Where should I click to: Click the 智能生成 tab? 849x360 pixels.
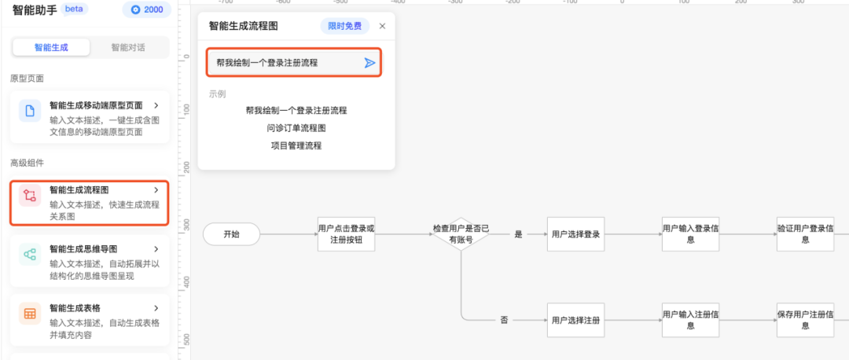51,47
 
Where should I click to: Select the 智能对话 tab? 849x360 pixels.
128,47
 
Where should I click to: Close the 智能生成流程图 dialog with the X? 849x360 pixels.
383,26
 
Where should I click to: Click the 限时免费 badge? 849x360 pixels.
345,26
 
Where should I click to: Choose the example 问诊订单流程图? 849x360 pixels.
296,127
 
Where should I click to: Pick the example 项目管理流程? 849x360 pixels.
296,145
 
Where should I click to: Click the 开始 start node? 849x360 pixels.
231,234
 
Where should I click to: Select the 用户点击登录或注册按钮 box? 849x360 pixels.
346,234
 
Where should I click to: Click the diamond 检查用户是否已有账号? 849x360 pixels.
461,234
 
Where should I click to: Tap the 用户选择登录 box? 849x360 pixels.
575,234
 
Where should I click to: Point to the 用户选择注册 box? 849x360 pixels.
575,321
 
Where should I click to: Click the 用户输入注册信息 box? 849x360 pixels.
690,321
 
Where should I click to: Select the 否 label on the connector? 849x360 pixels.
504,321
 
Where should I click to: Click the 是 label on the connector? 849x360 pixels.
518,234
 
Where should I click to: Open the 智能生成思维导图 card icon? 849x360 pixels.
30,255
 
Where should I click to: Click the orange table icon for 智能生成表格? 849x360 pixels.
30,314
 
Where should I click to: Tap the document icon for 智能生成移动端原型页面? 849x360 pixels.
30,111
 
